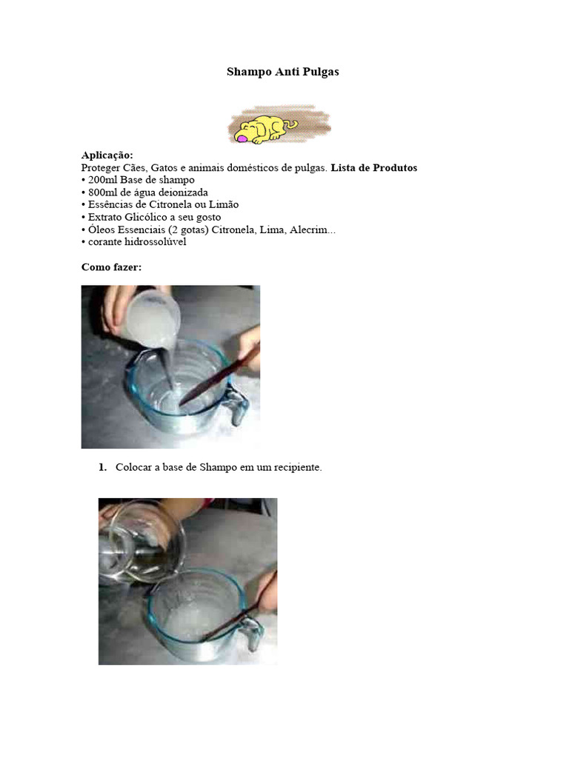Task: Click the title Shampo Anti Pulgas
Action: click(x=282, y=72)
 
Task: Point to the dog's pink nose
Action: click(x=242, y=137)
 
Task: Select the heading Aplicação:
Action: click(x=107, y=155)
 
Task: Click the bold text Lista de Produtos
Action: click(x=373, y=168)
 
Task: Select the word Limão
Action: click(x=224, y=204)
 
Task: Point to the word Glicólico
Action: click(x=149, y=217)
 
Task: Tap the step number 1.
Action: click(x=102, y=467)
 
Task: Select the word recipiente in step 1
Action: click(x=296, y=467)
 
